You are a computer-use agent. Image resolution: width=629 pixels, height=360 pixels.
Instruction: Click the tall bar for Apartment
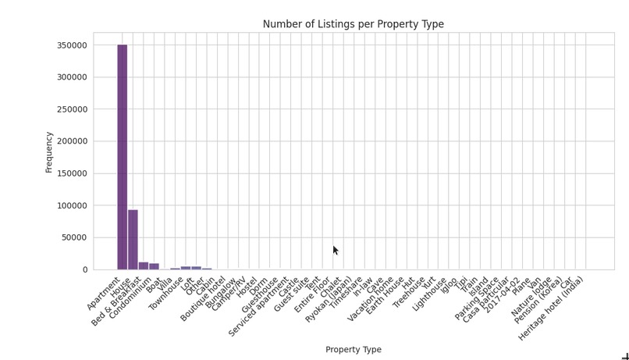[x=123, y=156]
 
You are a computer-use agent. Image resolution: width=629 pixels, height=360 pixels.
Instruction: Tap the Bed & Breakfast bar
[x=144, y=266]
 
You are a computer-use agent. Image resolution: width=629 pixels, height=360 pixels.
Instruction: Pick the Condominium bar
[x=154, y=266]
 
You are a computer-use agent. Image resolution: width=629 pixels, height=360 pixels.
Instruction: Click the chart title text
[x=353, y=24]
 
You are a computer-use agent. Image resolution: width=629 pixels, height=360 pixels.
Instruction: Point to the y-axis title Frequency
[x=49, y=151]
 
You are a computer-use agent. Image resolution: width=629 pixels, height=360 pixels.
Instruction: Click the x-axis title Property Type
[x=353, y=350]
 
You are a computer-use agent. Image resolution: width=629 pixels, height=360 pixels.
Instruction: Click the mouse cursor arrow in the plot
[x=336, y=250]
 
